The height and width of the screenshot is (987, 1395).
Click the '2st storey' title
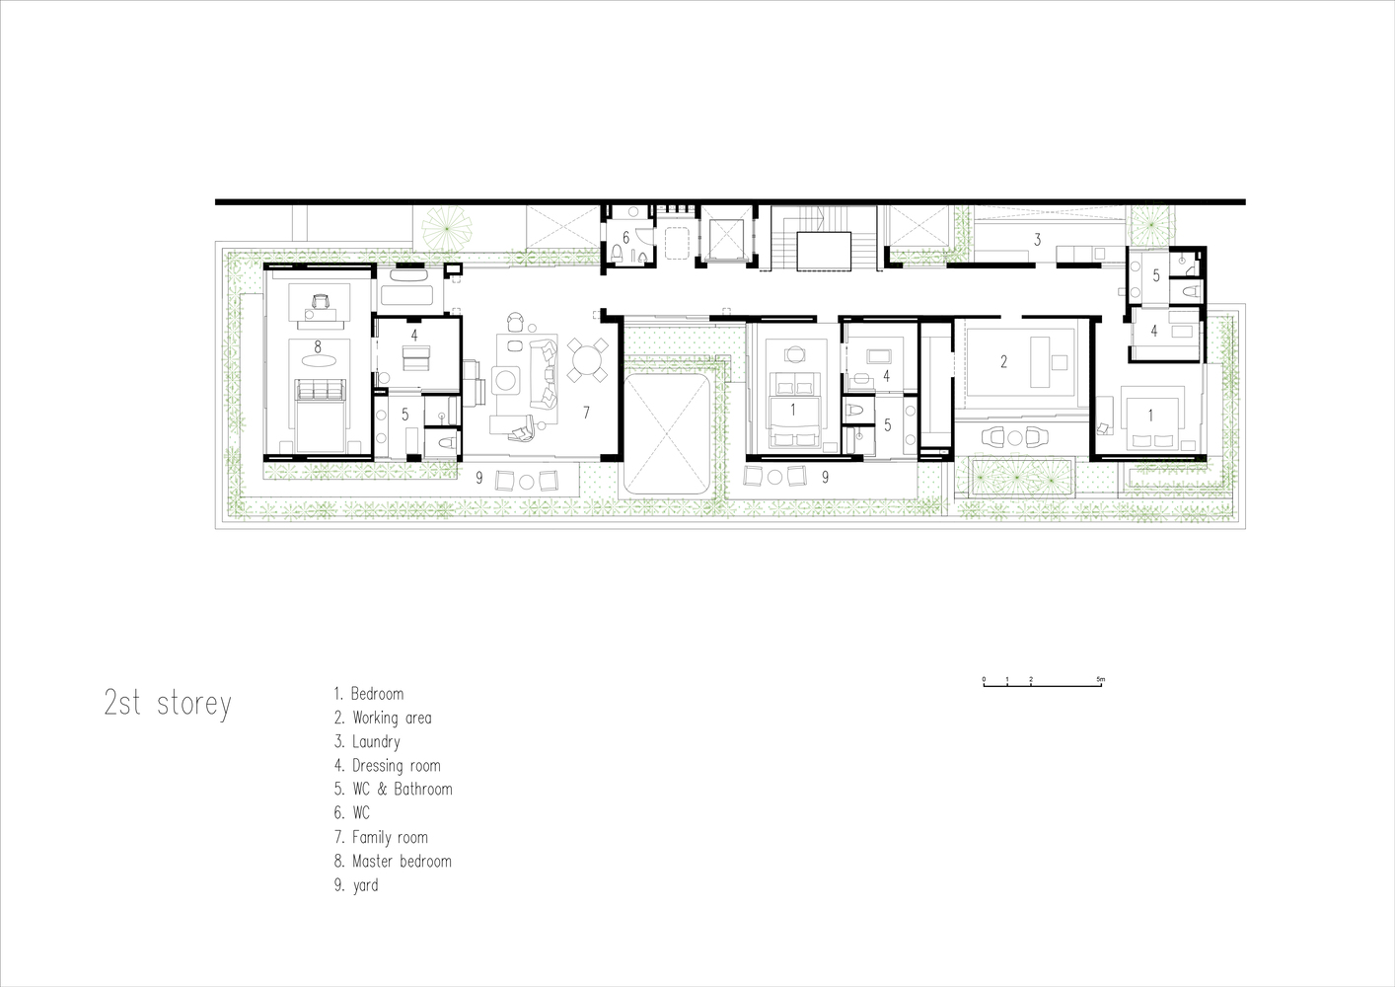168,704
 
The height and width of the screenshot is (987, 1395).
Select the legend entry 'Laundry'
367,741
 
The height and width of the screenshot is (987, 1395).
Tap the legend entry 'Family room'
381,837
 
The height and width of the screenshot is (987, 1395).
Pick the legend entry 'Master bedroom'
393,861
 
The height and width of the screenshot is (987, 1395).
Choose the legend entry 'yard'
356,885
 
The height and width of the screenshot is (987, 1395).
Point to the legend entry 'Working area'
383,718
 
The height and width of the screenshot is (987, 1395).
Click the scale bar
1043,683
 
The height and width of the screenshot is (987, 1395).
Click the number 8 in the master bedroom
318,346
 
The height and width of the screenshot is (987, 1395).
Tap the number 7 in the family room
586,412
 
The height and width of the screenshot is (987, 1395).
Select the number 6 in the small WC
625,238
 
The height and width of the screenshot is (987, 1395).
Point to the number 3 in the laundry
1038,239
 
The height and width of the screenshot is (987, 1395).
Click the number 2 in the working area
1004,361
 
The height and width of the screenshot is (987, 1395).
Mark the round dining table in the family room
587,359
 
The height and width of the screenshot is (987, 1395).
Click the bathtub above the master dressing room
406,287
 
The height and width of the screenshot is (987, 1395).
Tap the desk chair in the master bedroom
320,301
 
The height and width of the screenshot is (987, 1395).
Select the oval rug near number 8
318,360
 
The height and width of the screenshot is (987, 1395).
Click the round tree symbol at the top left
447,229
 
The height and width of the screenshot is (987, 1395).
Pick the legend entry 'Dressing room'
388,766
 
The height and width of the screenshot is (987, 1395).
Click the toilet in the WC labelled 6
618,253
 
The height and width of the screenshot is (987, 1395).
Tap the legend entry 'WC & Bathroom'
393,790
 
